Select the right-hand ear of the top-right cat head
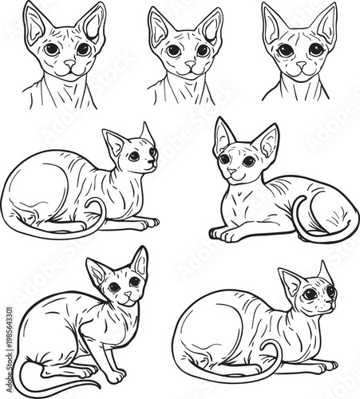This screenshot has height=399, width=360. [x=325, y=24]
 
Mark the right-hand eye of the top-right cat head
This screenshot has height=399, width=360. [x=316, y=49]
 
